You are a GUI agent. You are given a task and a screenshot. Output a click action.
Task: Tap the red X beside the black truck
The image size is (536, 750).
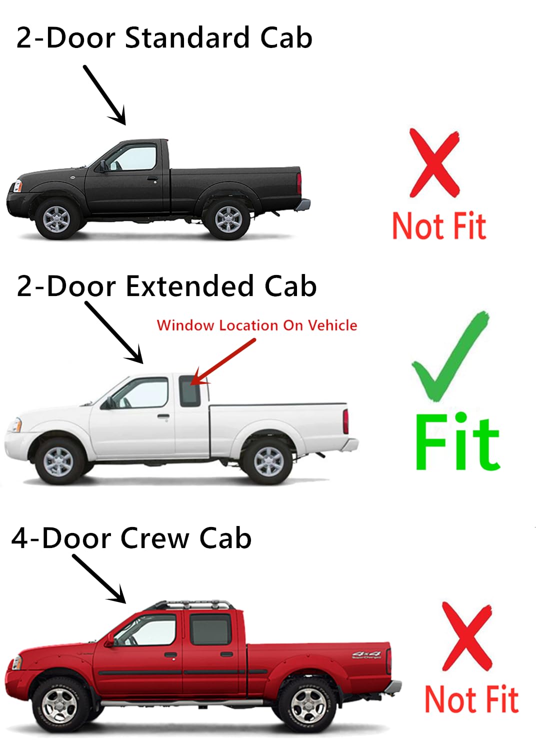pos(434,162)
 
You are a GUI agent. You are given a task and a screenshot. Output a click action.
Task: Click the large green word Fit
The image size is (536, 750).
pos(456,442)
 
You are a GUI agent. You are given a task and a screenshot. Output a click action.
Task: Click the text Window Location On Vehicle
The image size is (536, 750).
pos(257,325)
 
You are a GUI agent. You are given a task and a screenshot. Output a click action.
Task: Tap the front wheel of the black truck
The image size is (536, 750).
pos(56,218)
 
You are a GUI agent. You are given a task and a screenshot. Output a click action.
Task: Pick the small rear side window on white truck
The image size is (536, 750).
pos(190,390)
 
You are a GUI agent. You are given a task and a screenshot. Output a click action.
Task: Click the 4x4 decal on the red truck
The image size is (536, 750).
pos(366,654)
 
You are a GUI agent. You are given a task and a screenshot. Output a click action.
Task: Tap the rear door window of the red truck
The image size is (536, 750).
pos(210,629)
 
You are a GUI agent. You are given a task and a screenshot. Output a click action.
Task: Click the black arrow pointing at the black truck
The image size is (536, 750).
pos(105,95)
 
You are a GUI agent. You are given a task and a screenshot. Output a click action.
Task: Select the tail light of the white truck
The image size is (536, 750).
pos(345,420)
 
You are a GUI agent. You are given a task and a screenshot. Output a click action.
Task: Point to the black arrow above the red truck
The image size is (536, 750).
pos(99,578)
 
